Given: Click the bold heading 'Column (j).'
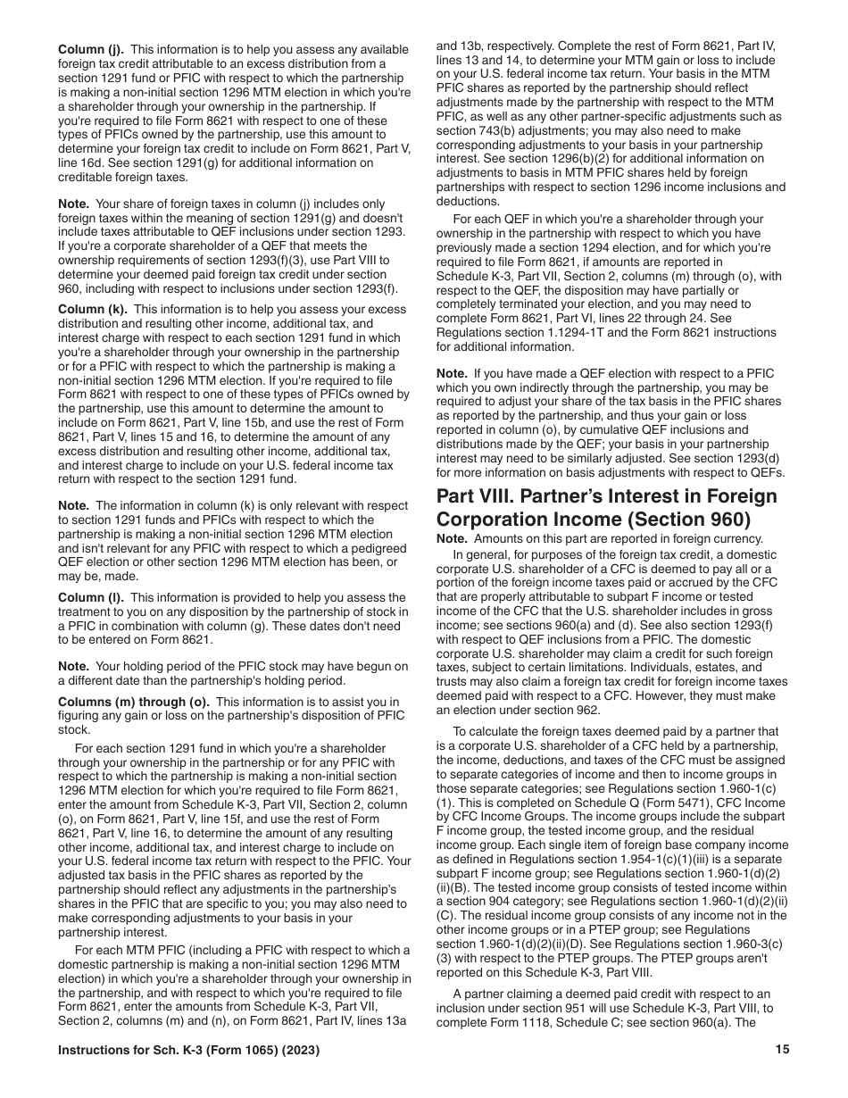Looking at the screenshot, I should point(91,50).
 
